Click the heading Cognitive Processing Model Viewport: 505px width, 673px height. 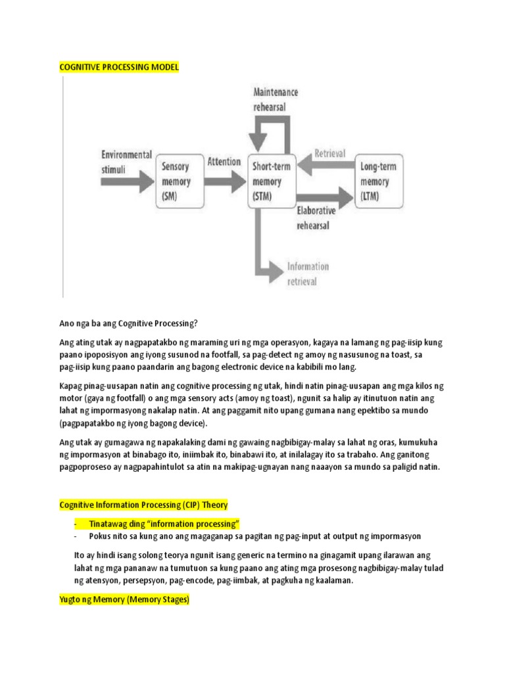tap(118, 67)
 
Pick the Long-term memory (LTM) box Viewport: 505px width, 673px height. tap(378, 181)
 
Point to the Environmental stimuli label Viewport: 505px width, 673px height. tap(126, 162)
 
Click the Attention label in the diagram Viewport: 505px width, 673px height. tap(224, 161)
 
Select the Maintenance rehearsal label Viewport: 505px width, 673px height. tap(276, 99)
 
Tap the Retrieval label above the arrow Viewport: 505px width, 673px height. tap(330, 153)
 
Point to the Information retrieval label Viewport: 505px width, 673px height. tap(308, 274)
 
